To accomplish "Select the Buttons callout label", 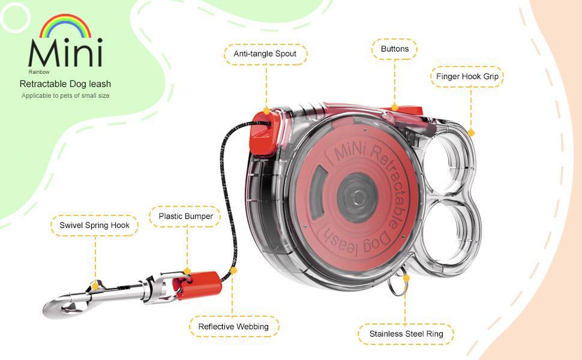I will click(394, 49).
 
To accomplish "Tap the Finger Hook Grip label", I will click(467, 77).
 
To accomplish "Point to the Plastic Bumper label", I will click(185, 216).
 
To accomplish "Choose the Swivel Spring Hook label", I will click(94, 226).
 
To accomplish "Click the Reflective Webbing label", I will click(233, 326).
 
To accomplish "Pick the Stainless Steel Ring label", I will click(406, 334).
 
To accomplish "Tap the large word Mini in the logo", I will click(65, 53).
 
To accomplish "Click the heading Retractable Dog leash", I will click(65, 84).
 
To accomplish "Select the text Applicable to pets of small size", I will click(65, 95).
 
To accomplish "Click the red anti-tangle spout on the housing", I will click(265, 130).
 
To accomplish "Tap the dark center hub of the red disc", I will click(356, 196).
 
